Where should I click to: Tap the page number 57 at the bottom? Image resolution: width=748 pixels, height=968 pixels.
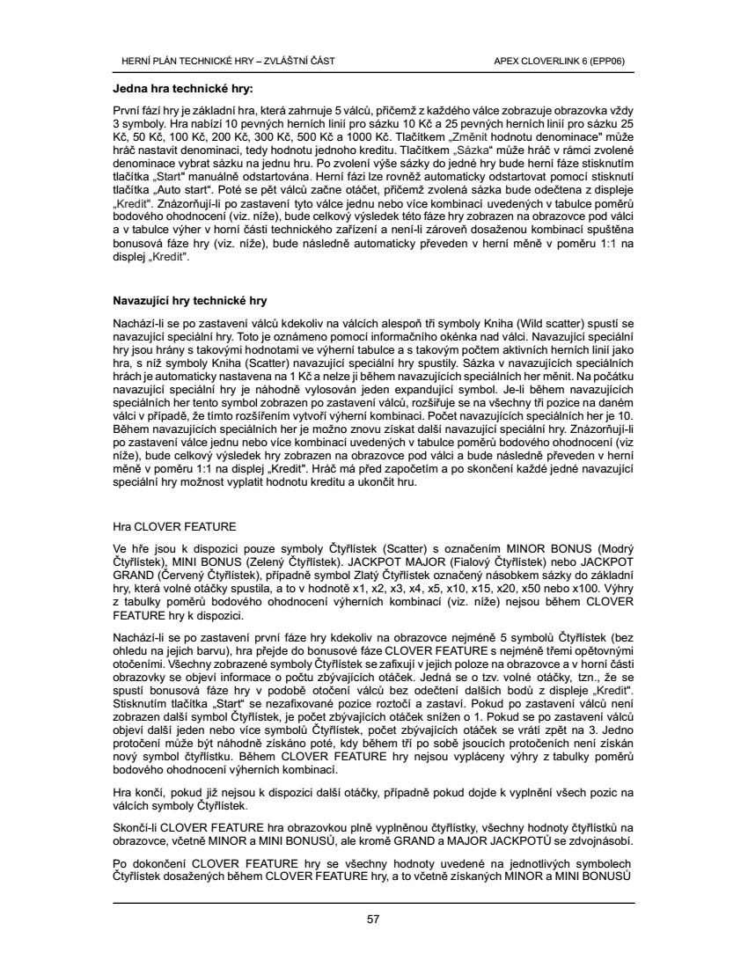coord(373,920)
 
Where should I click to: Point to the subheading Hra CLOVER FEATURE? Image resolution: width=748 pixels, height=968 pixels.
coord(174,526)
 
